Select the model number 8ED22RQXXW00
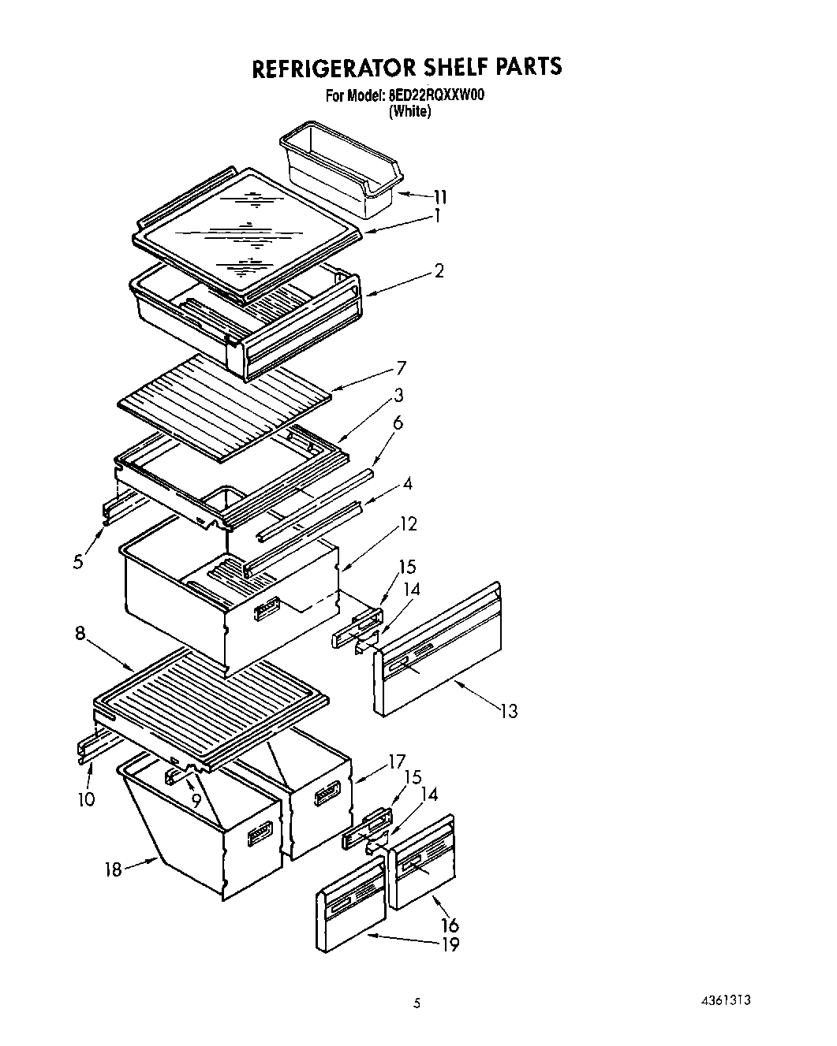tap(436, 96)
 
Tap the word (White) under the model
tap(409, 112)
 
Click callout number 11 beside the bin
tap(439, 196)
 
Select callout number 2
tap(439, 271)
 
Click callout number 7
tap(402, 367)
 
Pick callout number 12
tap(409, 523)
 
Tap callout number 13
tap(509, 711)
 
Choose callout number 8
tap(80, 633)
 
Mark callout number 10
tap(86, 798)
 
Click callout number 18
tap(114, 869)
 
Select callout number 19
tap(450, 944)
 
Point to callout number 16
tap(450, 925)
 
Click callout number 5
tap(77, 563)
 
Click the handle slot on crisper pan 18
tap(260, 833)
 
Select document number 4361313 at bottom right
tap(723, 999)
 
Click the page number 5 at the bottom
tap(418, 1003)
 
